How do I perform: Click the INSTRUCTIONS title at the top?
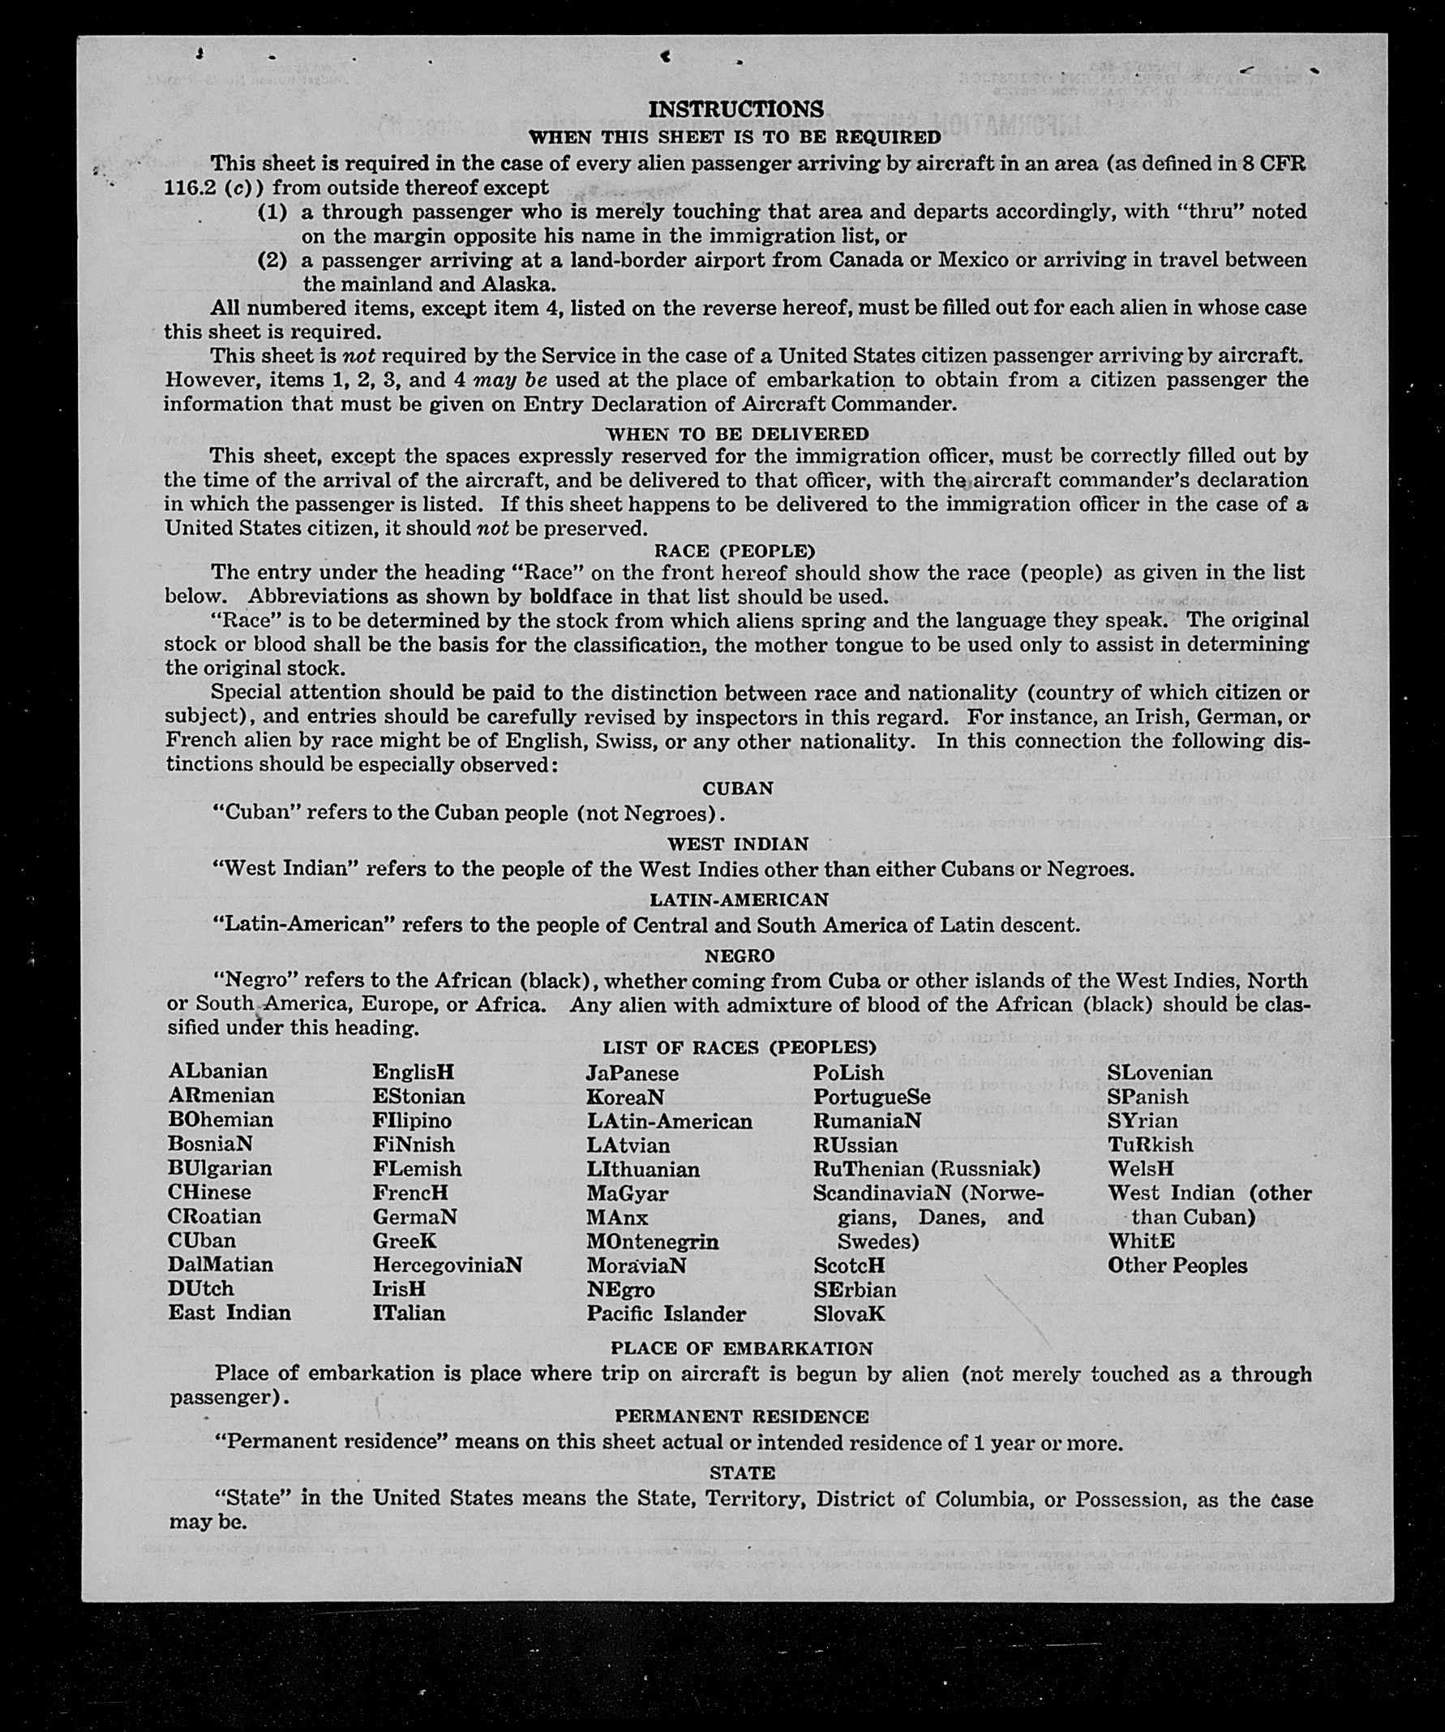[735, 109]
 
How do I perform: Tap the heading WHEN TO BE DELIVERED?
[737, 434]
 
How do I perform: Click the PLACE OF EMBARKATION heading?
[741, 1348]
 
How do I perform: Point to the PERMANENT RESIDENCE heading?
[741, 1416]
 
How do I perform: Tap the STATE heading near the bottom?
[742, 1472]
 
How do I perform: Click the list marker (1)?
[272, 212]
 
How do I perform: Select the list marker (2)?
[272, 260]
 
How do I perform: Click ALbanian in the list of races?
[217, 1072]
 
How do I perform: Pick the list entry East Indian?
[229, 1313]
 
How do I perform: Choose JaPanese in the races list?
[632, 1073]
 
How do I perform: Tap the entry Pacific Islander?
[666, 1314]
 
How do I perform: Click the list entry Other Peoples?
[1177, 1266]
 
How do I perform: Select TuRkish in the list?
[1150, 1144]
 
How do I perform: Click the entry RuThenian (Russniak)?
[927, 1169]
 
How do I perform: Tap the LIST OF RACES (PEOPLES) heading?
[739, 1047]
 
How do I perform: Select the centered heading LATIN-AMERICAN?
[739, 899]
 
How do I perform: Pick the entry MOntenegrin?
[652, 1241]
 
